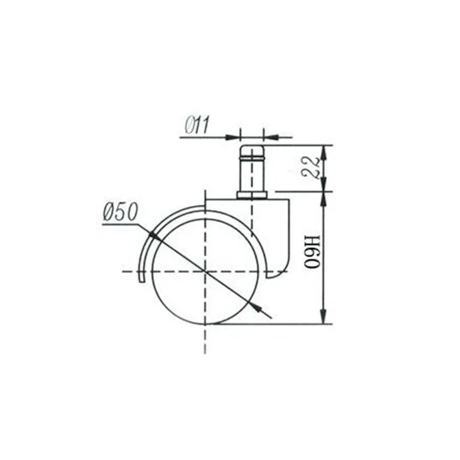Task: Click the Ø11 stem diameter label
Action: (x=197, y=124)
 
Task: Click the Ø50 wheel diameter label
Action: (x=120, y=212)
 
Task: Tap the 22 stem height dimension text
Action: (x=312, y=168)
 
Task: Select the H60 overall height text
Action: (x=312, y=252)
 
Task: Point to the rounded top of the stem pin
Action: (x=252, y=151)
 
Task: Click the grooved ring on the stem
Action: (x=252, y=159)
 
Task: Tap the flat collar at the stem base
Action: (x=252, y=195)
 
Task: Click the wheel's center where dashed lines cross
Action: (x=206, y=271)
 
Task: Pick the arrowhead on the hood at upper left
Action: (x=155, y=236)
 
